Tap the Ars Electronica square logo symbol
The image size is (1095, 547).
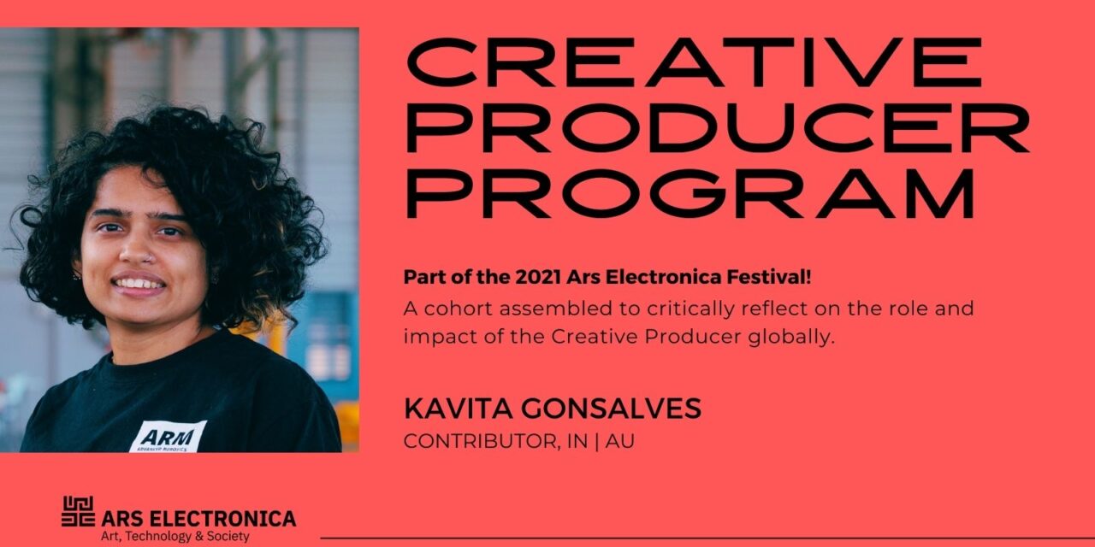point(78,512)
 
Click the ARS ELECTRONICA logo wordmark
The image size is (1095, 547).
point(198,518)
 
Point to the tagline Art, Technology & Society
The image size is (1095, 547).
point(175,537)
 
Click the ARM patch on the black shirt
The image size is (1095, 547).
point(169,436)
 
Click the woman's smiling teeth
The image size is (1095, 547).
point(139,283)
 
